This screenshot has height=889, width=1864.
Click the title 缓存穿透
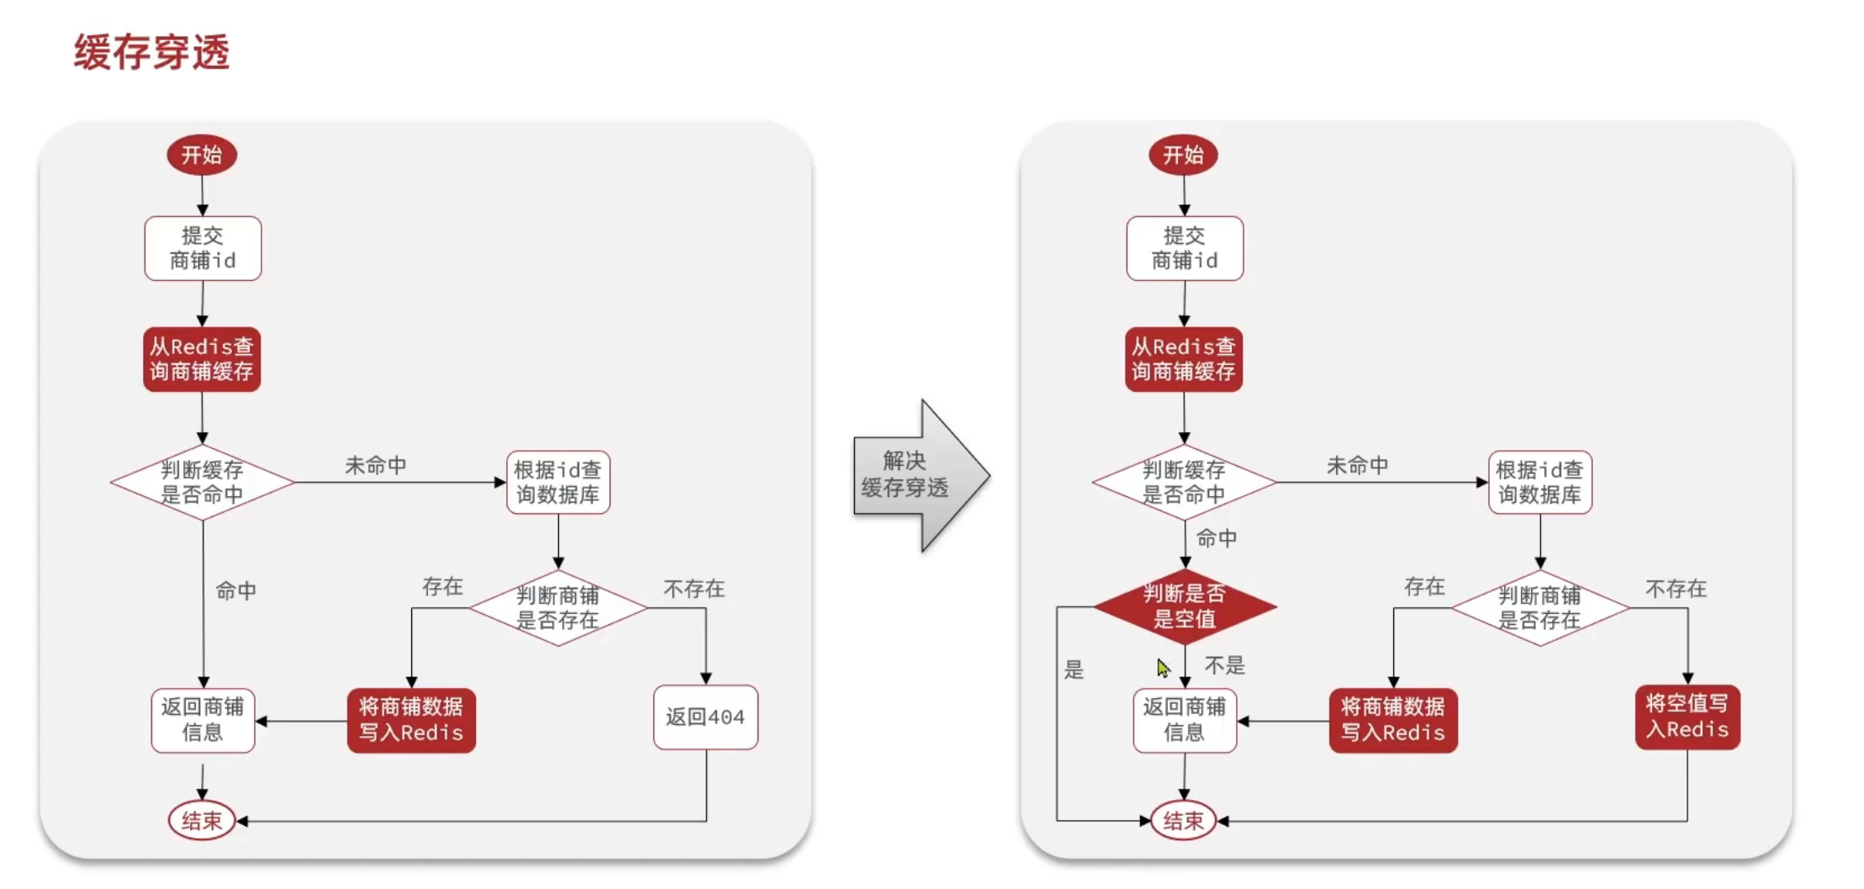(x=151, y=52)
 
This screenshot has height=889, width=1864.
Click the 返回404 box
(x=705, y=717)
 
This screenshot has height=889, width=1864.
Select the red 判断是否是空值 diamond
(x=1184, y=606)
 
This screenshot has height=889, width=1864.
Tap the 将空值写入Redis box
(x=1687, y=717)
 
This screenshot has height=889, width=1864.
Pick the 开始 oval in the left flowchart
(x=202, y=155)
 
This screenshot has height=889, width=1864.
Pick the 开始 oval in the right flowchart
(x=1183, y=155)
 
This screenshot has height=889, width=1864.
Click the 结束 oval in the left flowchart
(x=202, y=821)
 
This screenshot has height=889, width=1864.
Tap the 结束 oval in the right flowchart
(x=1183, y=821)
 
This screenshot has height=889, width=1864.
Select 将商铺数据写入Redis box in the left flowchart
(x=411, y=720)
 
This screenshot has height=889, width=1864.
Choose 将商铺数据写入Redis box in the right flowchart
(x=1392, y=720)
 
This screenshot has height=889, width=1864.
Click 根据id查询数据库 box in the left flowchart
(x=557, y=482)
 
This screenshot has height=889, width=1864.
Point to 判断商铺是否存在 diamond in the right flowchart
(x=1539, y=607)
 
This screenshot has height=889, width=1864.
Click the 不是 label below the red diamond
(x=1224, y=666)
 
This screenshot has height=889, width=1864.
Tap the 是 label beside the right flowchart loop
(x=1074, y=670)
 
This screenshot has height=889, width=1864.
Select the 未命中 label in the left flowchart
(x=375, y=465)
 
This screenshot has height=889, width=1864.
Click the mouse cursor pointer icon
(x=1163, y=668)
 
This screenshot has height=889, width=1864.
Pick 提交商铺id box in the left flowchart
(x=203, y=248)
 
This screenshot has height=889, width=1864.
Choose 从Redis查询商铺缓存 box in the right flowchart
(x=1183, y=359)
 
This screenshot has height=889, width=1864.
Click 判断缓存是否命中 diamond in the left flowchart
(x=202, y=482)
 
